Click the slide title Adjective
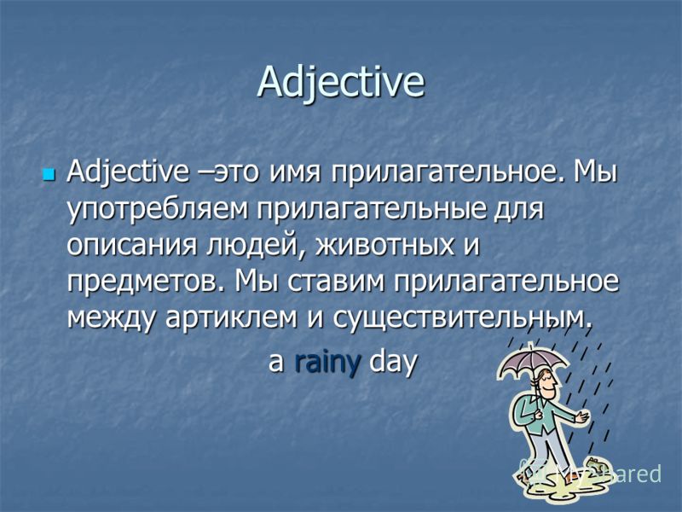point(340,83)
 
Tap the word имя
point(295,174)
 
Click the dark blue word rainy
point(328,361)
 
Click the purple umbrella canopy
point(534,361)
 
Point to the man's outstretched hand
point(581,417)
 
